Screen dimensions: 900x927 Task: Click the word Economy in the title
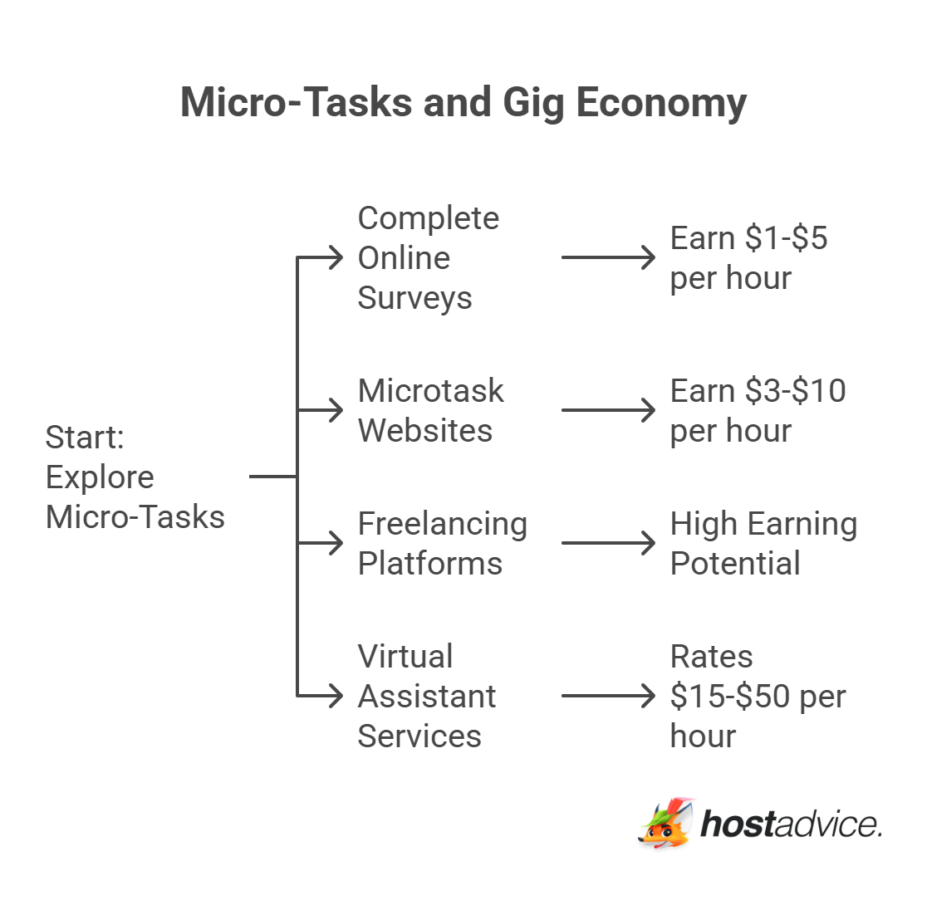(660, 103)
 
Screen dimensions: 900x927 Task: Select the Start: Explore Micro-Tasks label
(135, 477)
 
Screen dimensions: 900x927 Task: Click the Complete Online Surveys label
(428, 258)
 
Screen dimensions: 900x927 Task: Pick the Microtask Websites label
(430, 411)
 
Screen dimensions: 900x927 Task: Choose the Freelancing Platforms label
(442, 544)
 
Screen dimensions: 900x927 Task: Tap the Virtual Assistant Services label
(426, 696)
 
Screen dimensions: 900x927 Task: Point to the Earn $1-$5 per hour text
(748, 258)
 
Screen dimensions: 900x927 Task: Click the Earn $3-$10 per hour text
(758, 411)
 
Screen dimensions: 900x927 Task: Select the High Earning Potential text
(763, 544)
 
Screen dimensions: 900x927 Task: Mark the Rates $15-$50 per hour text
(758, 696)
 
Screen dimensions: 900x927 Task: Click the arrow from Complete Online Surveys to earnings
(608, 257)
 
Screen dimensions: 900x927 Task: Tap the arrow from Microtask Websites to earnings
(608, 410)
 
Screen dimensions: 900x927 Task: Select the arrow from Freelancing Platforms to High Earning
(608, 543)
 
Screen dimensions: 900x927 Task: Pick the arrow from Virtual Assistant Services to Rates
(608, 696)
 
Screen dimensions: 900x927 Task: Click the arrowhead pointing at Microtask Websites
(336, 410)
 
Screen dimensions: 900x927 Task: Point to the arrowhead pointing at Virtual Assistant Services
(336, 696)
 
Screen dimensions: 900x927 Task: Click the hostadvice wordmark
(791, 824)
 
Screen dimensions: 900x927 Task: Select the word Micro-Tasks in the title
(296, 103)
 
